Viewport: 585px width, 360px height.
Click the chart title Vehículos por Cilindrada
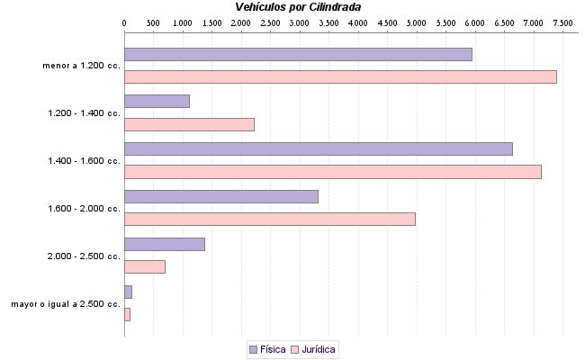(297, 6)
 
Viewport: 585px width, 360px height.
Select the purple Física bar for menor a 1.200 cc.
(298, 54)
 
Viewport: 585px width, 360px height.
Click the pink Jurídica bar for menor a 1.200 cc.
(340, 76)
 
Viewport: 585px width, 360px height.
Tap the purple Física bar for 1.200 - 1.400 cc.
(157, 101)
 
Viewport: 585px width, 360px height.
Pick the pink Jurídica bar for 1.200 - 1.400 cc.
(189, 124)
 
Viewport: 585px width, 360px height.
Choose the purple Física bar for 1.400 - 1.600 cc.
(318, 148)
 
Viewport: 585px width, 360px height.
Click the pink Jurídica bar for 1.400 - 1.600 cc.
(332, 172)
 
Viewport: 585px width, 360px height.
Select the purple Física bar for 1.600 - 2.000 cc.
(220, 196)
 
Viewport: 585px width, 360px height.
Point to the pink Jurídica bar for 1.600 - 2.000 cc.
(269, 219)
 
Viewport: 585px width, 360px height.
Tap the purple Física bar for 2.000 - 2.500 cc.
(164, 244)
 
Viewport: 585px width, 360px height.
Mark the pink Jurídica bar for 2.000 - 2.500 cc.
(144, 266)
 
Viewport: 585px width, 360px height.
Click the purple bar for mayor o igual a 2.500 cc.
(128, 292)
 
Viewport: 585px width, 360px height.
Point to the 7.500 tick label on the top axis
(563, 19)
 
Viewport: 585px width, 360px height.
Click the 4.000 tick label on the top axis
(358, 19)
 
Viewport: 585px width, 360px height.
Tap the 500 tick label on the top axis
(153, 19)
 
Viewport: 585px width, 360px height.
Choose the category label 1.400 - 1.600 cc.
(84, 161)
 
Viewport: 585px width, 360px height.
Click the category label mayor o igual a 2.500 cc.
(66, 304)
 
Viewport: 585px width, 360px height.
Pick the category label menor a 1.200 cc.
(81, 66)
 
